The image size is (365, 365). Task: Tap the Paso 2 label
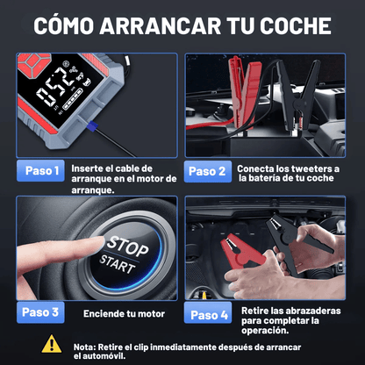[207, 170]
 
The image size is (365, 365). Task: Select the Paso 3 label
[40, 311]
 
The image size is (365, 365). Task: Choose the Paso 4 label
[207, 313]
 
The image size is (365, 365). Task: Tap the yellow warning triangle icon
[52, 344]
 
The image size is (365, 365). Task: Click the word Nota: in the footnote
[86, 346]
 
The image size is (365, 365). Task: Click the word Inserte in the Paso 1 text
[86, 168]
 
